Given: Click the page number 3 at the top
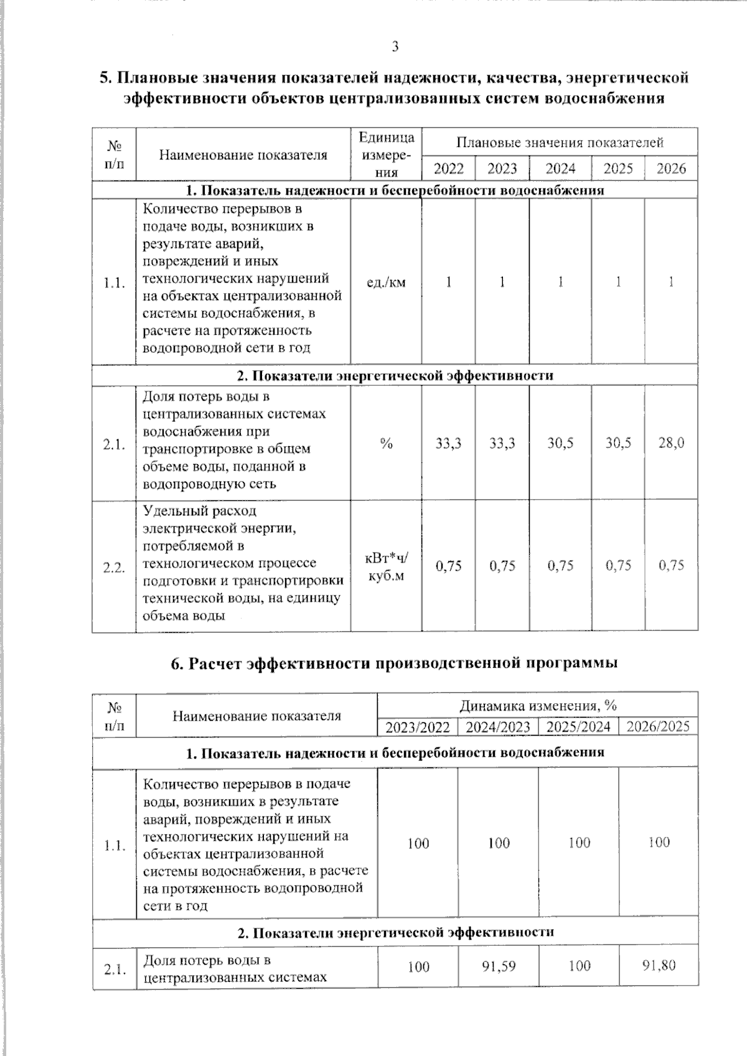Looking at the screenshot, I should click(x=395, y=47).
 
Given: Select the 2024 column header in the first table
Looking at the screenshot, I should click(x=560, y=169).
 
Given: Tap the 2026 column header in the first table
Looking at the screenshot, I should click(x=671, y=169).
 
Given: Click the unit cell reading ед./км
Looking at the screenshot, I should click(x=386, y=283).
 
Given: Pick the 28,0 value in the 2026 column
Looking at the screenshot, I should click(x=671, y=443).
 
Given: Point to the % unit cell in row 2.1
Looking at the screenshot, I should click(x=386, y=443).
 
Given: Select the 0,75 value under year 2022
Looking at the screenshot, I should click(x=448, y=566).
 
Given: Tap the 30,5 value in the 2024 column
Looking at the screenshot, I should click(x=560, y=443).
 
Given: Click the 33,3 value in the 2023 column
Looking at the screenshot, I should click(x=502, y=443).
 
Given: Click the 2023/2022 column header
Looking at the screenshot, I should click(x=418, y=727).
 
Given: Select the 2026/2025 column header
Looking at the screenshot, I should click(x=658, y=726).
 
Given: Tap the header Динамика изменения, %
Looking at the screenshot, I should click(x=537, y=706).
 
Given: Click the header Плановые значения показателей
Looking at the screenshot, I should click(x=560, y=143).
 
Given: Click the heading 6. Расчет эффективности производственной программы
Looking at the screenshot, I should click(x=394, y=663).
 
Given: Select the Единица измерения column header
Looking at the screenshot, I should click(x=386, y=155).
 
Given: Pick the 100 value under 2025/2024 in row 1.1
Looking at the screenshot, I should click(x=579, y=843).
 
